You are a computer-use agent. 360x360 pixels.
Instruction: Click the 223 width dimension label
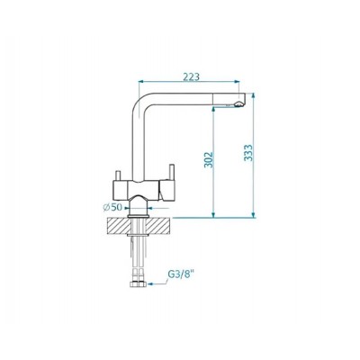click(191, 76)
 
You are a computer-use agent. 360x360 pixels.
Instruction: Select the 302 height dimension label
click(209, 160)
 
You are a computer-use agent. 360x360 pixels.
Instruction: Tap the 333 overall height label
click(248, 153)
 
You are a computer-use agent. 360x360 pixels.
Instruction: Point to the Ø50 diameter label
click(112, 207)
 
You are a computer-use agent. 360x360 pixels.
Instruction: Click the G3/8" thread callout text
click(179, 275)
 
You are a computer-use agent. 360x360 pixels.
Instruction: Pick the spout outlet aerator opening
click(238, 104)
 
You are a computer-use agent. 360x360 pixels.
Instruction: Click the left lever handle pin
click(118, 175)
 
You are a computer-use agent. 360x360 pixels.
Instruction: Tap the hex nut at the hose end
click(139, 283)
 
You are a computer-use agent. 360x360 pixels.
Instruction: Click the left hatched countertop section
click(119, 226)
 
